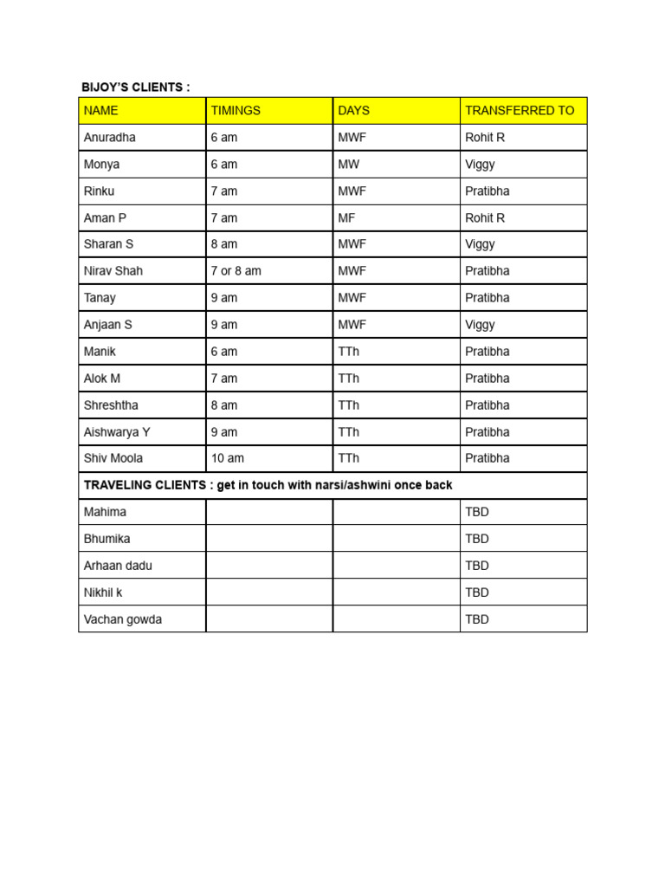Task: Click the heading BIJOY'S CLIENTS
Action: pos(135,87)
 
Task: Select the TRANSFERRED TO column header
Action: pos(520,111)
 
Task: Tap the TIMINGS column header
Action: pos(236,111)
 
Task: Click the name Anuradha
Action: pos(110,138)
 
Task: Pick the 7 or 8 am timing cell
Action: pos(236,271)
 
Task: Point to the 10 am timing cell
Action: pos(227,458)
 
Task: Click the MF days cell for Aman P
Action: pos(347,218)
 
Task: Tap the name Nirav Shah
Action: pos(113,271)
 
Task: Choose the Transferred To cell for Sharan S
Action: pos(481,244)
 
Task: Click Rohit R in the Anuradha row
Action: pos(485,138)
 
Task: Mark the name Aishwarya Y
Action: pos(117,431)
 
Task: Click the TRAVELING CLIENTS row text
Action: pos(268,485)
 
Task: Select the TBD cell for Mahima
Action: pos(477,512)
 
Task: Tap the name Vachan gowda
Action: pos(123,619)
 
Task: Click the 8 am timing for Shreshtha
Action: pos(223,405)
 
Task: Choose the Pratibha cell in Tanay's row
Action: pos(487,298)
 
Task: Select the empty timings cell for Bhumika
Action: pos(269,539)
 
